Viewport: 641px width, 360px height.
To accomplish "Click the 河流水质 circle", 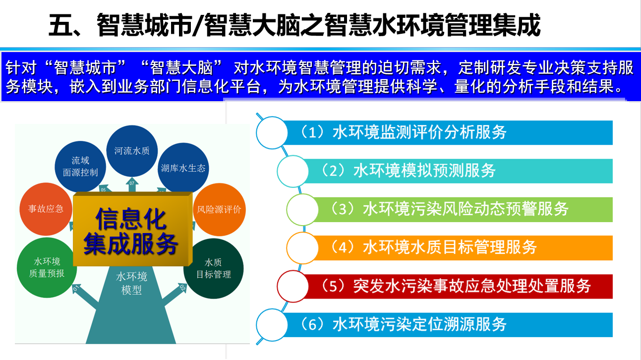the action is coord(132,151).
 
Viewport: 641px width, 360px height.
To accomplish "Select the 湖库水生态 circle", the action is coord(183,168).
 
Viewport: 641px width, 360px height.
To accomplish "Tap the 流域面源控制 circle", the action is coord(80,167).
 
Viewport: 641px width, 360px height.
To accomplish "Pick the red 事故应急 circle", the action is coord(46,209).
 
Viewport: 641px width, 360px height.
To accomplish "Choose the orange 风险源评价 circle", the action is coord(219,209).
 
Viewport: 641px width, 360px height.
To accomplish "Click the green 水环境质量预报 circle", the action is coord(47,268).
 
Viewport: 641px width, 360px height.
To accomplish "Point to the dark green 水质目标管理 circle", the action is coord(214,268).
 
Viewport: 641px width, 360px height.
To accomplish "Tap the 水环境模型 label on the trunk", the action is coord(132,283).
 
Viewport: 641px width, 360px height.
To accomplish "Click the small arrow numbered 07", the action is coord(132,184).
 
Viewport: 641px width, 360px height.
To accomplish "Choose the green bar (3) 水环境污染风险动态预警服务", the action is coord(461,209).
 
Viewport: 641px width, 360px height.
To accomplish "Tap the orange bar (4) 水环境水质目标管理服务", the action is coord(461,248).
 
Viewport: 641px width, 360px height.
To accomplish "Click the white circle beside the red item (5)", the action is coord(293,286).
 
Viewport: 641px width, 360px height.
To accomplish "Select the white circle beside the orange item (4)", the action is coord(302,248).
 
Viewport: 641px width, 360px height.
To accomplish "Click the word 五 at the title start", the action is coord(60,25).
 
